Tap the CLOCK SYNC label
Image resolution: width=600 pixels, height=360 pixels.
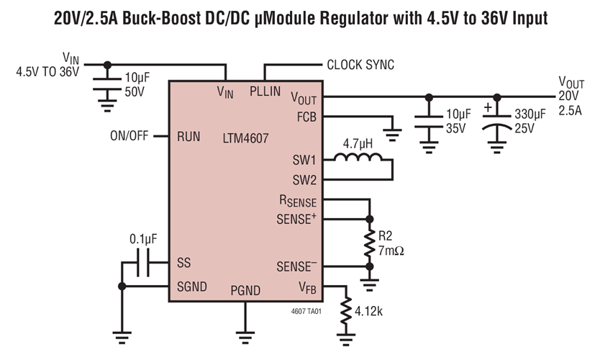click(360, 65)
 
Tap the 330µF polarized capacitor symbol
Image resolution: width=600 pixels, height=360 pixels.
click(496, 120)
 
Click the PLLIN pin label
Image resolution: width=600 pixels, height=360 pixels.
click(266, 91)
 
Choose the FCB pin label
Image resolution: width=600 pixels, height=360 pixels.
click(305, 117)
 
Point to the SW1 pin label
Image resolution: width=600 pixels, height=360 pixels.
click(304, 160)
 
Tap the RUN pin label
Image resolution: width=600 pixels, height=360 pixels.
click(188, 136)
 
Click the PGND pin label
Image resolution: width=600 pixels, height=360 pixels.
click(245, 290)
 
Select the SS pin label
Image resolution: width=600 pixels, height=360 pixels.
click(183, 264)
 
